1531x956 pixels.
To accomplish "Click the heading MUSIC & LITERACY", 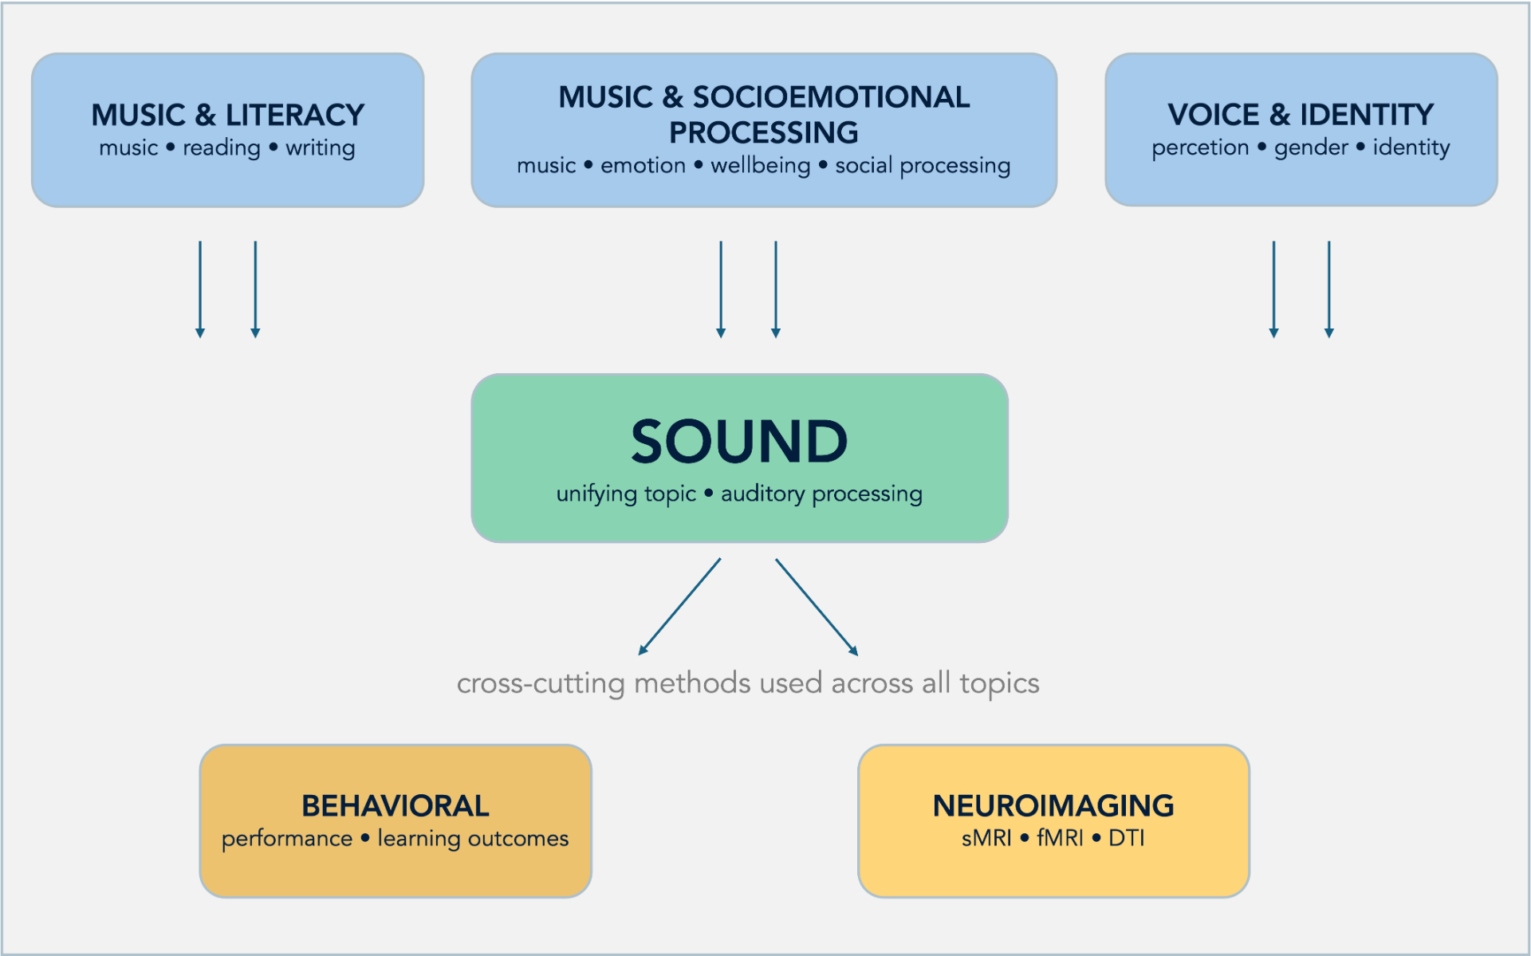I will [227, 115].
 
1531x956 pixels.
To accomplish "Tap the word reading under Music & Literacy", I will [222, 148].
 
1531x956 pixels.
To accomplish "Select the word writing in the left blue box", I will [320, 148].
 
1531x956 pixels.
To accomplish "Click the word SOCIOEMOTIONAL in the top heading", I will [830, 97].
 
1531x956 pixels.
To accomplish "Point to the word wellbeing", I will [760, 166].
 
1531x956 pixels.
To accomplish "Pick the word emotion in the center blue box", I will [643, 166].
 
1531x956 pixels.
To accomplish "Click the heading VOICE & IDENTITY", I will [1301, 115].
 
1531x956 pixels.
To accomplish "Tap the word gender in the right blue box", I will [1311, 148].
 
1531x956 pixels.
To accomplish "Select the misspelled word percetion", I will [1200, 148].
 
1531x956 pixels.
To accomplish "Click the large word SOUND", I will [739, 442].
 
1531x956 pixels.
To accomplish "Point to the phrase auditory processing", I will [821, 494].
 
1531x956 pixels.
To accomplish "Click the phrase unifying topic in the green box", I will [626, 494].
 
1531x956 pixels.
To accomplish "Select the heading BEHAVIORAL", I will [395, 806].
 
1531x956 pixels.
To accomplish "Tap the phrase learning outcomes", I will [473, 839].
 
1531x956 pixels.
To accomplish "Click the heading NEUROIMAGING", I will [1053, 806].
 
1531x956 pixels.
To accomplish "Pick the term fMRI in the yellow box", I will [1060, 839].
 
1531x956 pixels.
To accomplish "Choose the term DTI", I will [1126, 839].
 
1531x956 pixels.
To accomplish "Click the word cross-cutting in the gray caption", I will [541, 683].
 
